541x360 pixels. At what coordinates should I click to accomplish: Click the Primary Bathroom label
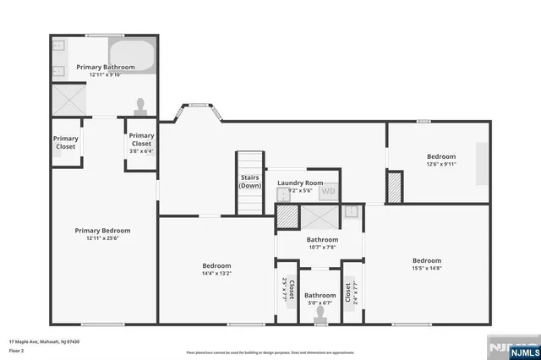(106, 67)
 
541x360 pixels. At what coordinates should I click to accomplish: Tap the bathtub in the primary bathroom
(134, 57)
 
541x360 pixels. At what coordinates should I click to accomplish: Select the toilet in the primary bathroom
(140, 106)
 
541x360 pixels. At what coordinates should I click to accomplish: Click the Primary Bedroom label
(102, 230)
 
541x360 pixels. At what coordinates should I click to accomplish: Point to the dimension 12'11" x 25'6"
(102, 238)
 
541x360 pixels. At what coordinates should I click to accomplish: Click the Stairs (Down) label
(249, 181)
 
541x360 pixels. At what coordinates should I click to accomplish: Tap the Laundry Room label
(301, 183)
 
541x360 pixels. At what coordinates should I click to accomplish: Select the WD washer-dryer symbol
(328, 191)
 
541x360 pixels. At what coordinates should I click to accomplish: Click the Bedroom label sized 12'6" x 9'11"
(440, 156)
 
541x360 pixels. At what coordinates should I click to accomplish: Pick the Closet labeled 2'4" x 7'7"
(347, 292)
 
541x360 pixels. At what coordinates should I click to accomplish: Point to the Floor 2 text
(17, 350)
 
